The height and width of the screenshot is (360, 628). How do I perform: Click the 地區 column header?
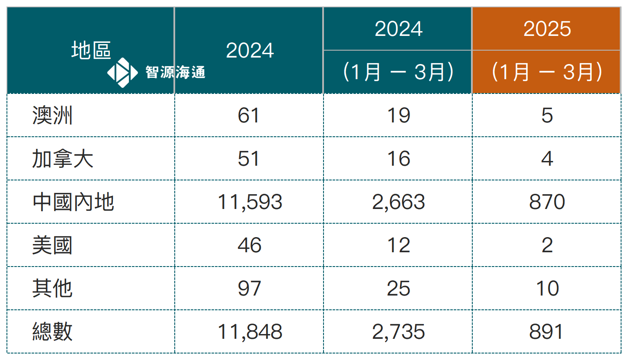[x=91, y=51]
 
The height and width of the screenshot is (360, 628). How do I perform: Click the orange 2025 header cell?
[x=547, y=29]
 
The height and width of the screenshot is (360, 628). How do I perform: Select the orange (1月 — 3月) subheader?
[x=547, y=72]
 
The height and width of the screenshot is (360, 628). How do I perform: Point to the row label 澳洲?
[x=52, y=116]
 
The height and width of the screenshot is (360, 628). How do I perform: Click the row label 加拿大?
[x=63, y=159]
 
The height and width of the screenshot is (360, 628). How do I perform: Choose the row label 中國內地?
[x=73, y=202]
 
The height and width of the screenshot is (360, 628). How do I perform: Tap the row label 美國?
[x=52, y=245]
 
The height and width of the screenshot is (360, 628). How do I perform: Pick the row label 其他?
[x=52, y=289]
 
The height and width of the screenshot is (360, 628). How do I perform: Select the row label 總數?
[x=52, y=332]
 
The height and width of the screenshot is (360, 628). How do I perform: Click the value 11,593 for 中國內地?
[x=250, y=202]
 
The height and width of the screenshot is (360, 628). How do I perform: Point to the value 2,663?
[x=398, y=202]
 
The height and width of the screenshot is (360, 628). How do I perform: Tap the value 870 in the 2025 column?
[x=547, y=202]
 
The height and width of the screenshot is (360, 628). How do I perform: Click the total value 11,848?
[x=250, y=332]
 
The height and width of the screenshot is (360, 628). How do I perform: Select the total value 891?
[x=547, y=332]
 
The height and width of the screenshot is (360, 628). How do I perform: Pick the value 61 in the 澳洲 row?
[x=249, y=116]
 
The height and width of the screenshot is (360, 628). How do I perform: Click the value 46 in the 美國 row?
[x=250, y=245]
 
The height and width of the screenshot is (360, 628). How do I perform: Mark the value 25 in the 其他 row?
[x=398, y=289]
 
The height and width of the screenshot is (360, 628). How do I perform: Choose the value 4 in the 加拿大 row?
[x=547, y=159]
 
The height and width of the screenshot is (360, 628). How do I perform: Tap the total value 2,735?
[x=398, y=332]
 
